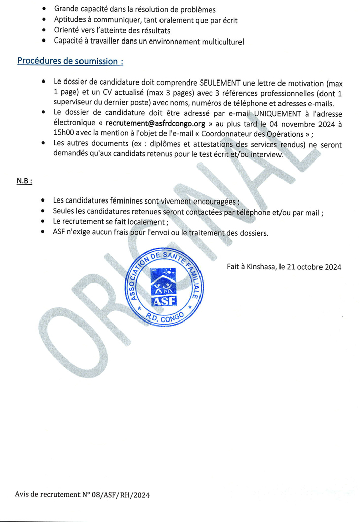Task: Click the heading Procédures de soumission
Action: point(70,61)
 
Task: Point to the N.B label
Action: point(25,180)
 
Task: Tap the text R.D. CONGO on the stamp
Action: point(166,319)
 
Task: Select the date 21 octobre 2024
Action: point(313,267)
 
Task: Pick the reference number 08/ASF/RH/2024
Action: point(120,495)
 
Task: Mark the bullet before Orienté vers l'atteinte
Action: point(45,31)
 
